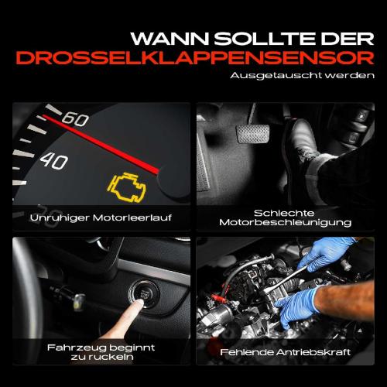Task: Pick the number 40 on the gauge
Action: point(53,160)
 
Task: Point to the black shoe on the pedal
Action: point(310,147)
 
